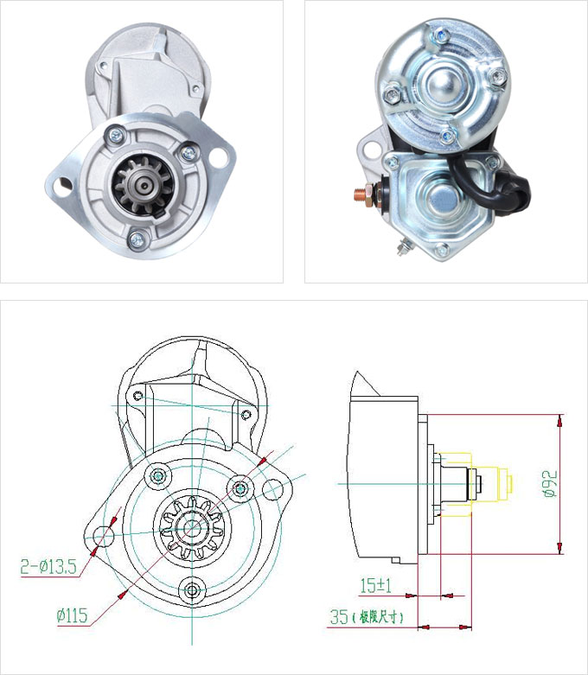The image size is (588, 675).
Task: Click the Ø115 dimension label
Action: point(73,615)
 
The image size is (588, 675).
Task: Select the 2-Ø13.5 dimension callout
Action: point(48,566)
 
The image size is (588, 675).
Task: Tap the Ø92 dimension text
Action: point(550,484)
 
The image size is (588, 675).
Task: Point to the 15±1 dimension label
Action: point(375,585)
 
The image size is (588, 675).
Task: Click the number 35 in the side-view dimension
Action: point(339,617)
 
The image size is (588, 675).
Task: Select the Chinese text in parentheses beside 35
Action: point(378,617)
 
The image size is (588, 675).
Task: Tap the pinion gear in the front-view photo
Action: point(143,187)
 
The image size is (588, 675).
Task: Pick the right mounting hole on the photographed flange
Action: point(219,156)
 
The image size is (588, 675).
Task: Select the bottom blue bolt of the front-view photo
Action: point(137,237)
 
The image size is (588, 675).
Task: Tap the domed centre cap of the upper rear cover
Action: point(444,84)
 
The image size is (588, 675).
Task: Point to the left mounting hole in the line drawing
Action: point(104,537)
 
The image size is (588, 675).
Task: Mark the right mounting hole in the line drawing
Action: point(272,489)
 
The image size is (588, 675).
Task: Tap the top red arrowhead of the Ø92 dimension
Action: point(560,421)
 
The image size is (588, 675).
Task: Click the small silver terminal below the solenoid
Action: point(403,247)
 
